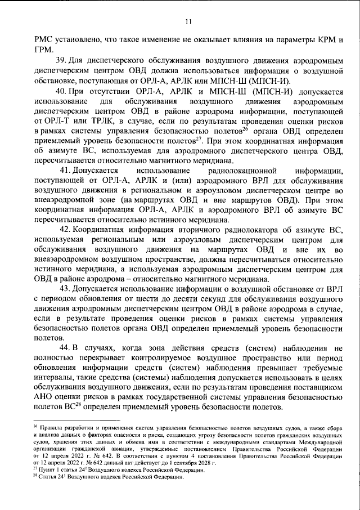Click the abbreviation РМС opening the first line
(44, 40)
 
